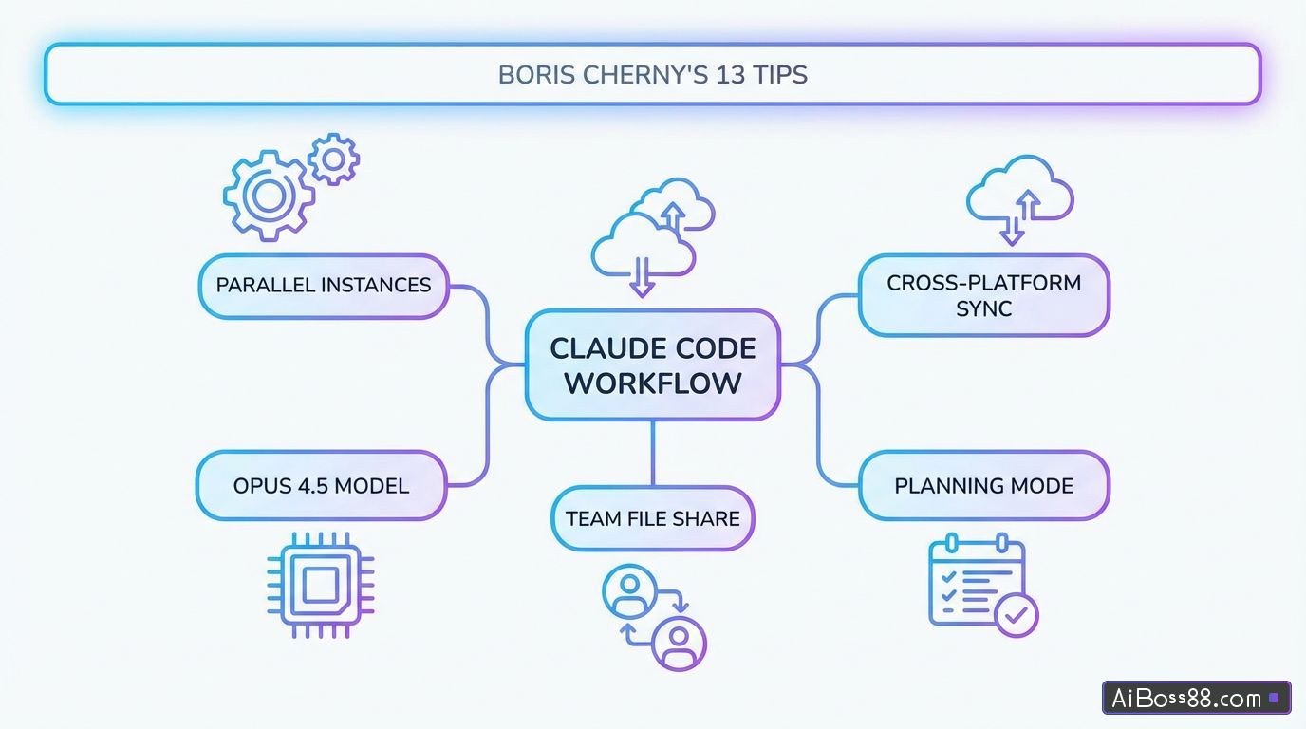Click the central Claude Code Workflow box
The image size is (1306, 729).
[x=653, y=364]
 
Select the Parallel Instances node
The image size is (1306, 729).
[x=324, y=286]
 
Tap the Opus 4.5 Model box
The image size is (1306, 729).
[x=321, y=486]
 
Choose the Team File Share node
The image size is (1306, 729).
[x=653, y=519]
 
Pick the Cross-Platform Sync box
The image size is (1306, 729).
[x=983, y=295]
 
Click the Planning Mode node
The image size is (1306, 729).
[x=983, y=486]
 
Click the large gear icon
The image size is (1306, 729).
[x=269, y=196]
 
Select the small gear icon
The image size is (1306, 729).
[x=333, y=159]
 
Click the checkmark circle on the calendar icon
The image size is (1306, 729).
[x=1017, y=615]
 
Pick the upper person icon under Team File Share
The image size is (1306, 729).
[x=628, y=591]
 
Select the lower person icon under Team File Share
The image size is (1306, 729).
[x=679, y=643]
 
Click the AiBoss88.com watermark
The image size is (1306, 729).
[x=1196, y=699]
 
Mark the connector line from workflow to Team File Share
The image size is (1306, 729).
[x=653, y=454]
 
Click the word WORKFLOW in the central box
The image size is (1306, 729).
[x=653, y=383]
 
